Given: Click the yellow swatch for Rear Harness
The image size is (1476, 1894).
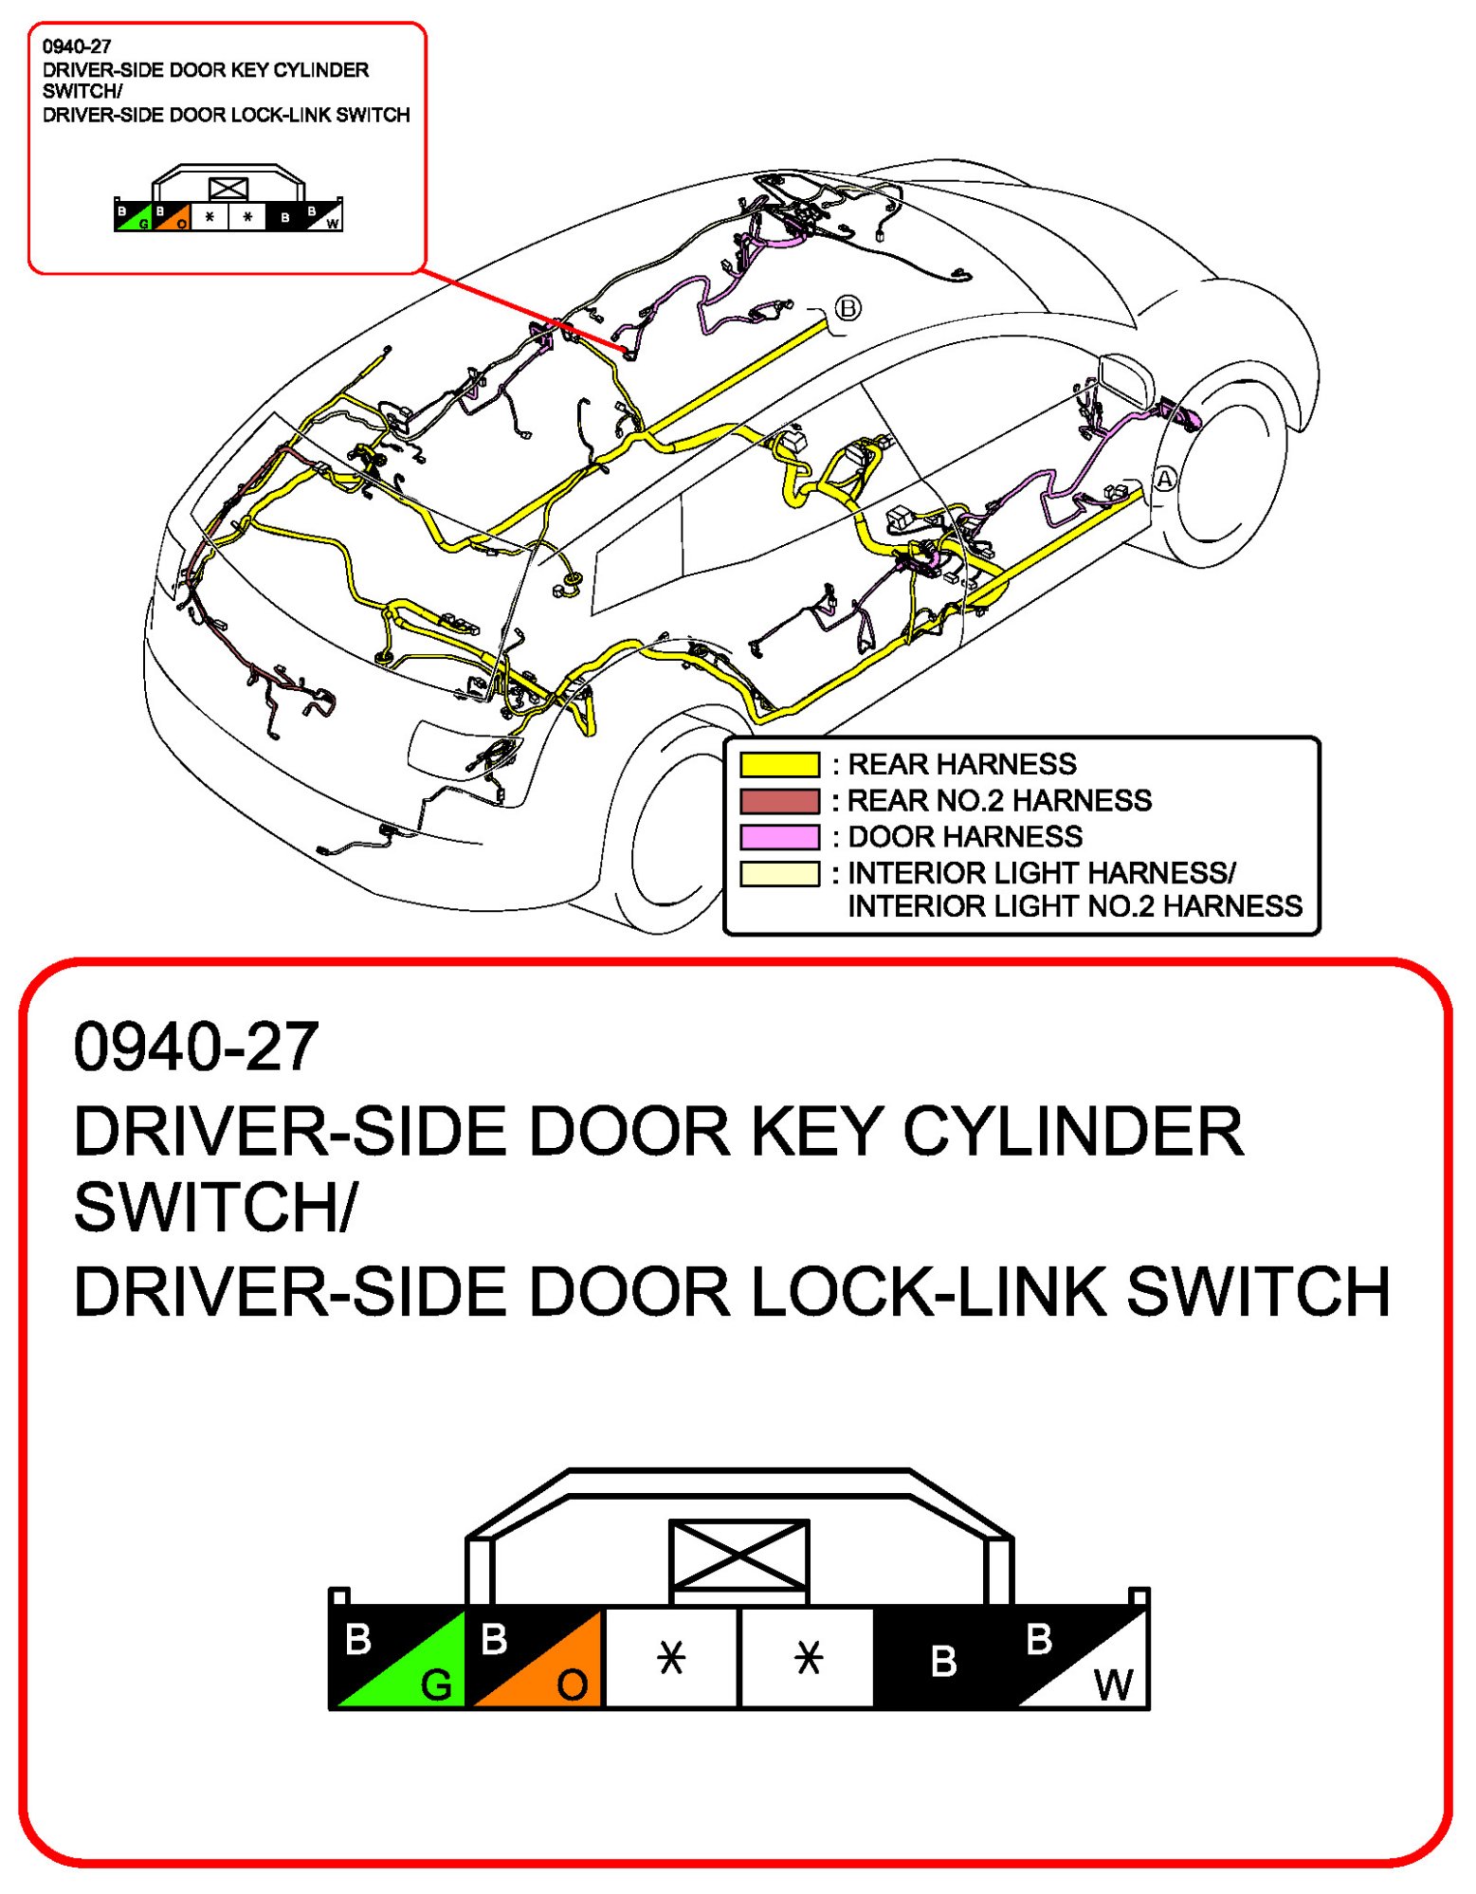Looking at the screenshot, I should pyautogui.click(x=779, y=764).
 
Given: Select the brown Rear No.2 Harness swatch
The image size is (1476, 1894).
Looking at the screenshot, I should pyautogui.click(x=779, y=801).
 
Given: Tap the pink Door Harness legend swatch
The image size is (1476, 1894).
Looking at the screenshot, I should pyautogui.click(x=779, y=837).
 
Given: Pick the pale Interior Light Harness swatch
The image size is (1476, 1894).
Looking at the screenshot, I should pyautogui.click(x=779, y=874).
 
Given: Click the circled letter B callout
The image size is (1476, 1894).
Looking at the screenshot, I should pyautogui.click(x=847, y=308).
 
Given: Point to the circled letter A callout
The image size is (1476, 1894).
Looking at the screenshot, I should pyautogui.click(x=1164, y=480).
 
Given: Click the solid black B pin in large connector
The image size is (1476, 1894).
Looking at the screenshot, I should pyautogui.click(x=942, y=1659).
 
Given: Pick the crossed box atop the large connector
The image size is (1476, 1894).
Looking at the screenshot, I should pyautogui.click(x=738, y=1556).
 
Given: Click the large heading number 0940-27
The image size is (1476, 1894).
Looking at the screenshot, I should pyautogui.click(x=196, y=1047).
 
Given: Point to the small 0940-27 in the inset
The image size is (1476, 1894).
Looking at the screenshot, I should pyautogui.click(x=77, y=46).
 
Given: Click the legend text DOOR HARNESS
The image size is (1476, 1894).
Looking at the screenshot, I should pyautogui.click(x=964, y=837).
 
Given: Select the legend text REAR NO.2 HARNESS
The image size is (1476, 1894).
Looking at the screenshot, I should pyautogui.click(x=998, y=801).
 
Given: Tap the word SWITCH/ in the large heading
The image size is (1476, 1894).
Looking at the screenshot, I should pyautogui.click(x=215, y=1208).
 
